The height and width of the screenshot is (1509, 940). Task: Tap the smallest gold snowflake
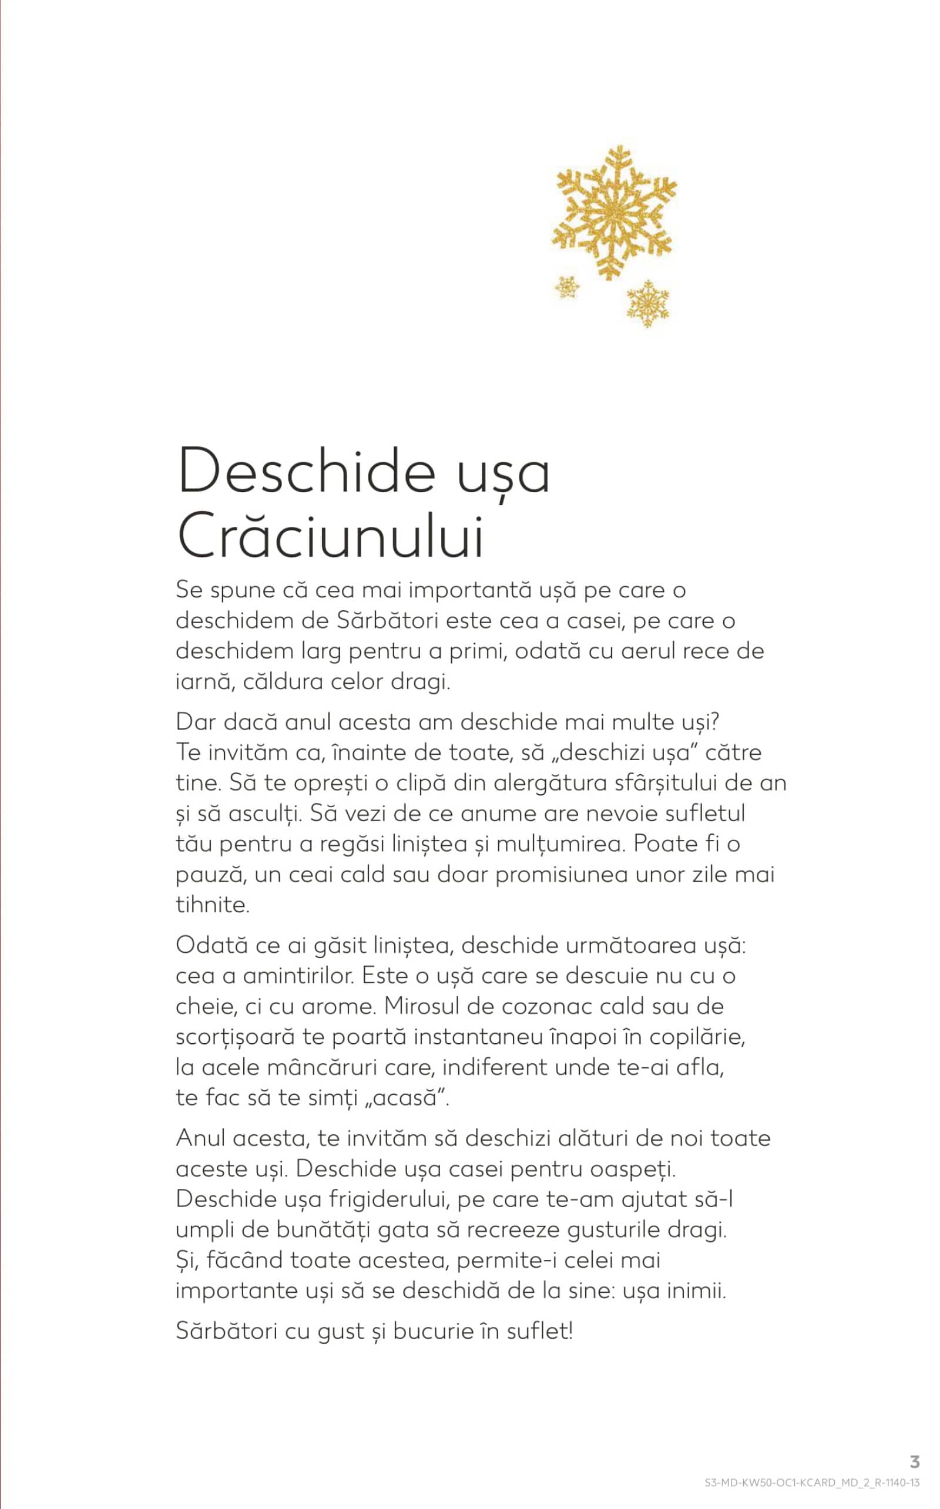[x=566, y=287]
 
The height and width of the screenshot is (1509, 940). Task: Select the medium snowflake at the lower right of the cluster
[x=648, y=303]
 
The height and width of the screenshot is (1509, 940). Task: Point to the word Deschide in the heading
[x=307, y=471]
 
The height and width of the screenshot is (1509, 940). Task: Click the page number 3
[x=915, y=1461]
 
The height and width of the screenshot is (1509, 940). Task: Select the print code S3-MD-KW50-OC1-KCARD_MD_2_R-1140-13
[x=812, y=1483]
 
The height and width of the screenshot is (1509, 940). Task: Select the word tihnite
[x=213, y=905]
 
